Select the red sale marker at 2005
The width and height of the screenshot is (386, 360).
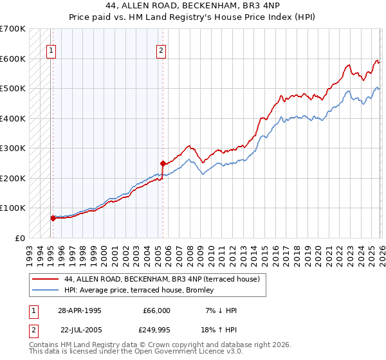[x=163, y=163]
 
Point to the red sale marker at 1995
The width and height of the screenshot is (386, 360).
[x=53, y=218]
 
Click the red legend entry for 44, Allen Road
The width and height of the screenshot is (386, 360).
[x=161, y=279]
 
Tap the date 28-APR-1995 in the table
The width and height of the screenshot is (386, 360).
[x=80, y=310]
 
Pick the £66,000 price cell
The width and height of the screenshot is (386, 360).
[x=156, y=310]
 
